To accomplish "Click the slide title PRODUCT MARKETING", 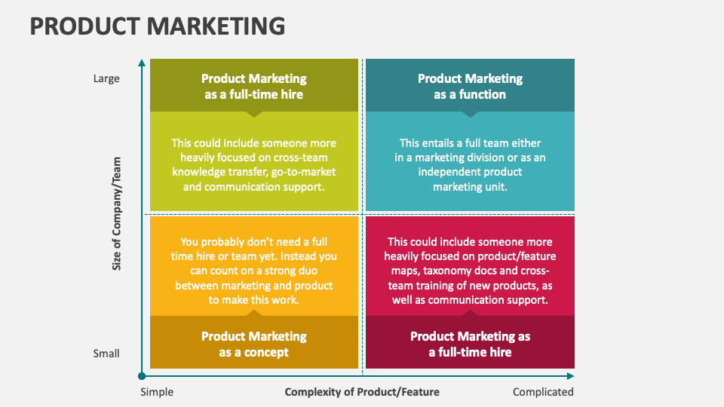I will point(157,26).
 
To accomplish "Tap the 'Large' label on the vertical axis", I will point(106,78).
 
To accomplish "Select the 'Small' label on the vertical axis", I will point(106,353).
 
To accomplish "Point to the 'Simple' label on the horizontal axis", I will point(157,392).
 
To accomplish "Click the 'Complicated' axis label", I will point(543,392).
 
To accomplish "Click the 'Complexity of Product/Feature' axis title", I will point(362,392).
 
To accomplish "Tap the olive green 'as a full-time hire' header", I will point(254,87).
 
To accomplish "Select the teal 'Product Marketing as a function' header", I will point(470,87).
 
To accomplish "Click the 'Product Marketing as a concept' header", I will point(254,344).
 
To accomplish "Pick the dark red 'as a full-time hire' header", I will point(470,344).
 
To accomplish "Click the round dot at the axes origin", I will point(141,375).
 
